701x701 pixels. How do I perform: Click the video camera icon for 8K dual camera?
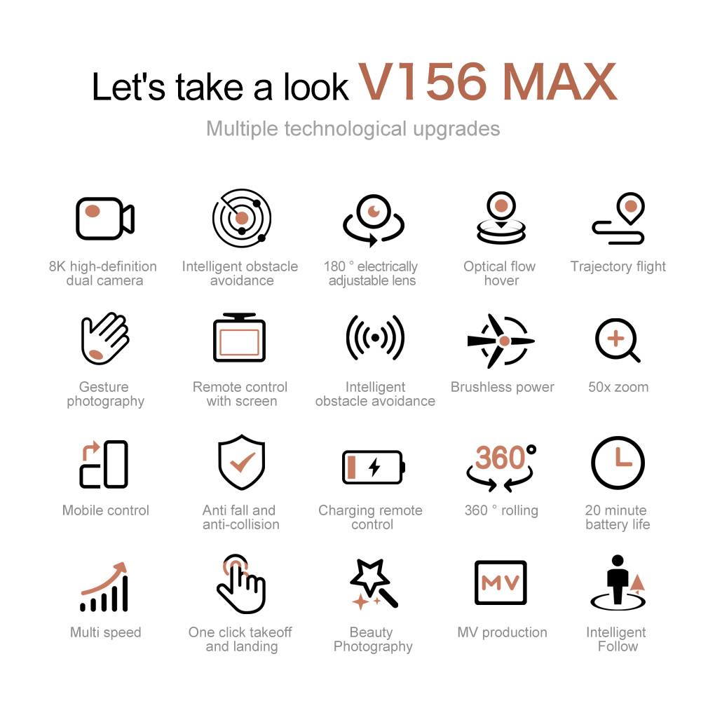tap(104, 219)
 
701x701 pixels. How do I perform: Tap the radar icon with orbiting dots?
tap(242, 218)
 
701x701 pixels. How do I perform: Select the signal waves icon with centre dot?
tap(375, 338)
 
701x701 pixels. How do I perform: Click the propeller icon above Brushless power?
tap(501, 341)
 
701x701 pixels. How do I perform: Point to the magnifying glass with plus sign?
tap(616, 341)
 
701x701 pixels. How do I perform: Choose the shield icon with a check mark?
tap(242, 463)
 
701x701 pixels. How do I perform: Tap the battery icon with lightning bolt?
tap(373, 467)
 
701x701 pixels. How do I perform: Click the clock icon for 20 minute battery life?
tap(618, 463)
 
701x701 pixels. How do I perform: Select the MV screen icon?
tap(501, 583)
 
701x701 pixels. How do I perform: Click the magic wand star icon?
tap(373, 583)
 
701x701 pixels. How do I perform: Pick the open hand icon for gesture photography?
tap(105, 339)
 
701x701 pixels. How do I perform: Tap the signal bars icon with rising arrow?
tap(105, 587)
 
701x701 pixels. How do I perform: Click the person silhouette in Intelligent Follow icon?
tap(617, 579)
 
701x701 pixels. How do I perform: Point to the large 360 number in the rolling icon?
tap(500, 458)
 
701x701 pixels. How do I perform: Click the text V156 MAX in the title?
tap(488, 82)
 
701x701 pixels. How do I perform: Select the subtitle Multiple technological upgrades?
tap(353, 129)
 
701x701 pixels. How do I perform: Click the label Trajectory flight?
tap(618, 266)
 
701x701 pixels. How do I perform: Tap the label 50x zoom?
tap(618, 387)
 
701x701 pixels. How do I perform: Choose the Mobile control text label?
tap(106, 510)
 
